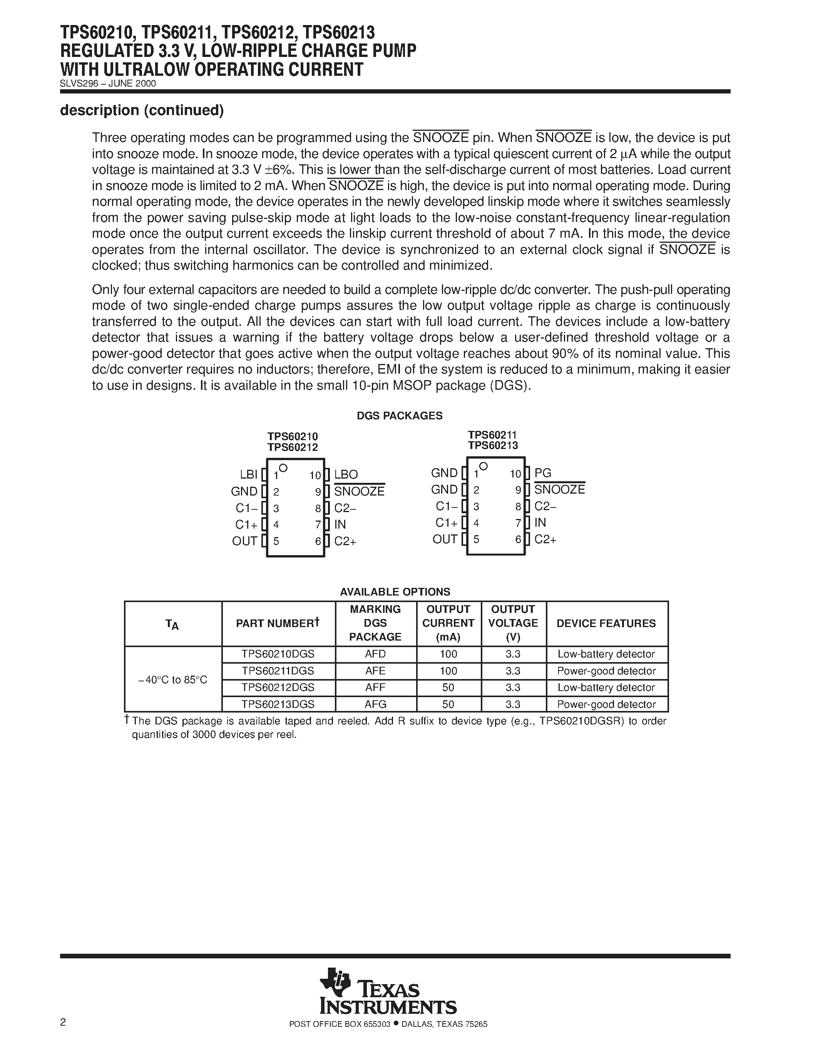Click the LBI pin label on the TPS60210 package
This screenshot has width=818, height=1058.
click(249, 474)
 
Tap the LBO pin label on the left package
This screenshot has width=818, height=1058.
click(346, 475)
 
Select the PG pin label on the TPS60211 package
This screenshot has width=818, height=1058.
click(543, 473)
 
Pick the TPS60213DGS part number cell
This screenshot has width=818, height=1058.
click(278, 704)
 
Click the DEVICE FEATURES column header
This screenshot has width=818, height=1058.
click(606, 624)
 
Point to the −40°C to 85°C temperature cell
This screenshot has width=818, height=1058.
click(172, 680)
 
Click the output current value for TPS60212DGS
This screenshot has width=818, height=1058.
click(448, 688)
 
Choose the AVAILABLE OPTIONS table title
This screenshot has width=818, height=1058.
click(395, 591)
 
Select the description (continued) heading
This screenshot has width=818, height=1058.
click(142, 110)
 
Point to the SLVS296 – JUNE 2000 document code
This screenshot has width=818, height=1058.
click(107, 83)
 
